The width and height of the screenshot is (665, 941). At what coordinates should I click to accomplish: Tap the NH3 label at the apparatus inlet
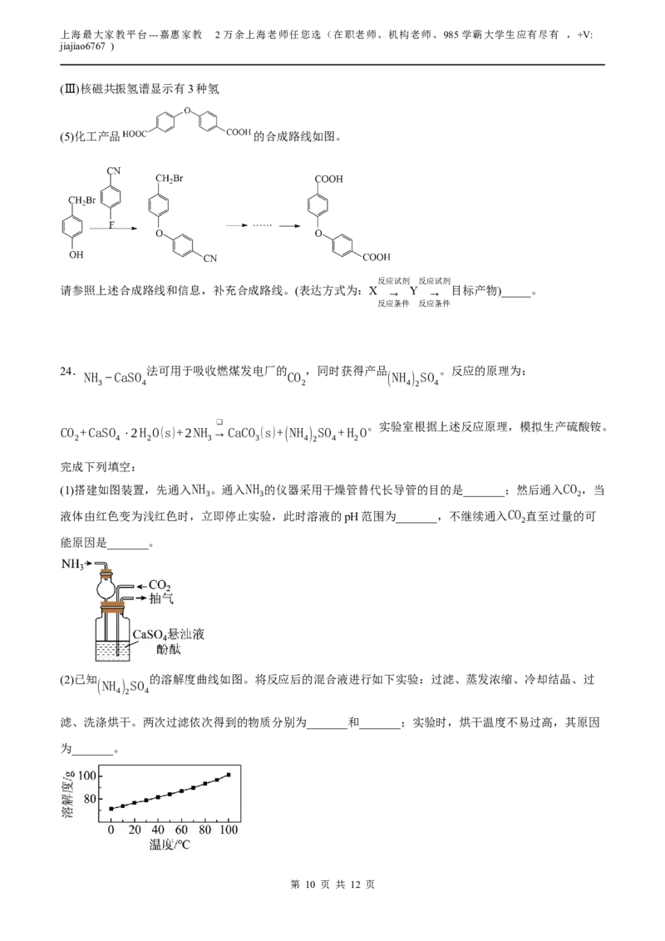[x=72, y=564]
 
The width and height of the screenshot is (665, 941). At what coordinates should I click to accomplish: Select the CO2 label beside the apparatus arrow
[x=160, y=585]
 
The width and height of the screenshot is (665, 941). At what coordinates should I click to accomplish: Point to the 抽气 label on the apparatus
[x=161, y=599]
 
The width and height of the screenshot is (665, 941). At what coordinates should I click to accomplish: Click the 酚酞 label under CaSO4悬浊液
[x=168, y=649]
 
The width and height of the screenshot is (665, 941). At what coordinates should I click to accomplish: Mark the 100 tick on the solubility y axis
[x=87, y=776]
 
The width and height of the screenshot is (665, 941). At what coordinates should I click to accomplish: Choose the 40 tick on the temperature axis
[x=158, y=830]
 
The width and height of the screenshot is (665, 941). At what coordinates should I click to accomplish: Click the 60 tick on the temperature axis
[x=181, y=830]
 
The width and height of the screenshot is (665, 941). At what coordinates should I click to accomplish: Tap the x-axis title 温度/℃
[x=170, y=845]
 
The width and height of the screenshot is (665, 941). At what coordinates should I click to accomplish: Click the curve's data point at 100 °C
[x=228, y=775]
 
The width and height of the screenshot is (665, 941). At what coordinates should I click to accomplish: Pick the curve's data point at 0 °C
[x=111, y=808]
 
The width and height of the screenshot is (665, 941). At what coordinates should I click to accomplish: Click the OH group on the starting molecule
[x=76, y=254]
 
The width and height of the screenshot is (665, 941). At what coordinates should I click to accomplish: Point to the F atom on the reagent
[x=111, y=225]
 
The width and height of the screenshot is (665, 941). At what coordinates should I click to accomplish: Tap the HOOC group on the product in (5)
[x=135, y=134]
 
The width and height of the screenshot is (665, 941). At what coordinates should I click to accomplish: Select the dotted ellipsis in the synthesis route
[x=262, y=225]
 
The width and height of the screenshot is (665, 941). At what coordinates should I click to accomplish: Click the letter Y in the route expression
[x=413, y=291]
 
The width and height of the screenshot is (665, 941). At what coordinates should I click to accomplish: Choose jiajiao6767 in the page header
[x=82, y=47]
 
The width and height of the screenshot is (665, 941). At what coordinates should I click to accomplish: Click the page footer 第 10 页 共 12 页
[x=332, y=884]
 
